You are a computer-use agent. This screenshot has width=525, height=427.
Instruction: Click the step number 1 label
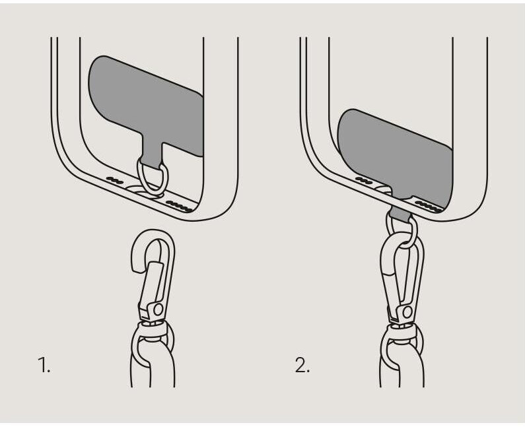point(44,365)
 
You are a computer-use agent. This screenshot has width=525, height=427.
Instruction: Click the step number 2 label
point(302,365)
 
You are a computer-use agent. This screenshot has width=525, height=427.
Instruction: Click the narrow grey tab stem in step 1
point(153,154)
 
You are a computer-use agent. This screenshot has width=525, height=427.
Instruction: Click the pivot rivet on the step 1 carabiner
point(158,310)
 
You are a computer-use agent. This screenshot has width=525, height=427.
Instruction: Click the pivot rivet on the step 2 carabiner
point(407,312)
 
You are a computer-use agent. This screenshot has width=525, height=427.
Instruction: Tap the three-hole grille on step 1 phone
point(114,180)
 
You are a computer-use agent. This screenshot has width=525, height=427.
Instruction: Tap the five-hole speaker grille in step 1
point(180,207)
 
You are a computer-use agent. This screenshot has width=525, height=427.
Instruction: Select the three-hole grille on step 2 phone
point(364,180)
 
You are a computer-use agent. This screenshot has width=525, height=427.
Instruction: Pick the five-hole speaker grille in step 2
point(429,207)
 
